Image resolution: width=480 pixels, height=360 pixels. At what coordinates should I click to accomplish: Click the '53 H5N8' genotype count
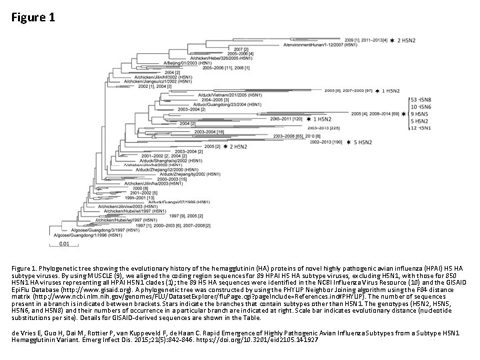(x=421, y=99)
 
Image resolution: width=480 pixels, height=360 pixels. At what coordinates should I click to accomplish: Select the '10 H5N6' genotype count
(x=421, y=106)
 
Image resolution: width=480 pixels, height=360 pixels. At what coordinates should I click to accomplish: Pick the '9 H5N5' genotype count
(x=421, y=113)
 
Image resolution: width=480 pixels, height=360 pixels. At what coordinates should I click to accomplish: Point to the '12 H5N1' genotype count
(x=421, y=128)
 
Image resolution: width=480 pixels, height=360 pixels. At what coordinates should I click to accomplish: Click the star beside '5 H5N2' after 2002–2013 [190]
(x=348, y=142)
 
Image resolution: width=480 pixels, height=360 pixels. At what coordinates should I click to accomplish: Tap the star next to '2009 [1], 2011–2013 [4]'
(x=392, y=40)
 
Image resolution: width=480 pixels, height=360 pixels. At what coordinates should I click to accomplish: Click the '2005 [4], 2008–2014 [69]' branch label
(x=376, y=114)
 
